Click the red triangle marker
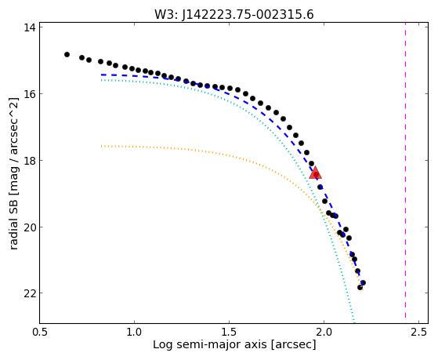point(315,173)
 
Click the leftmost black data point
point(67,54)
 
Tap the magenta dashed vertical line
point(405,173)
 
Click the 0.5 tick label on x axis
point(40,332)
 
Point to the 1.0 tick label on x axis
point(134,332)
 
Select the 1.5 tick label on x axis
point(229,332)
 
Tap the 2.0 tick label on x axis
point(324,332)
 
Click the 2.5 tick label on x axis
point(418,332)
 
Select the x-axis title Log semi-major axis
point(209,344)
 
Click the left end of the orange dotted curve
point(102,146)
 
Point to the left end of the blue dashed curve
point(102,75)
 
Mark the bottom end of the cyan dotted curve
point(354,322)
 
